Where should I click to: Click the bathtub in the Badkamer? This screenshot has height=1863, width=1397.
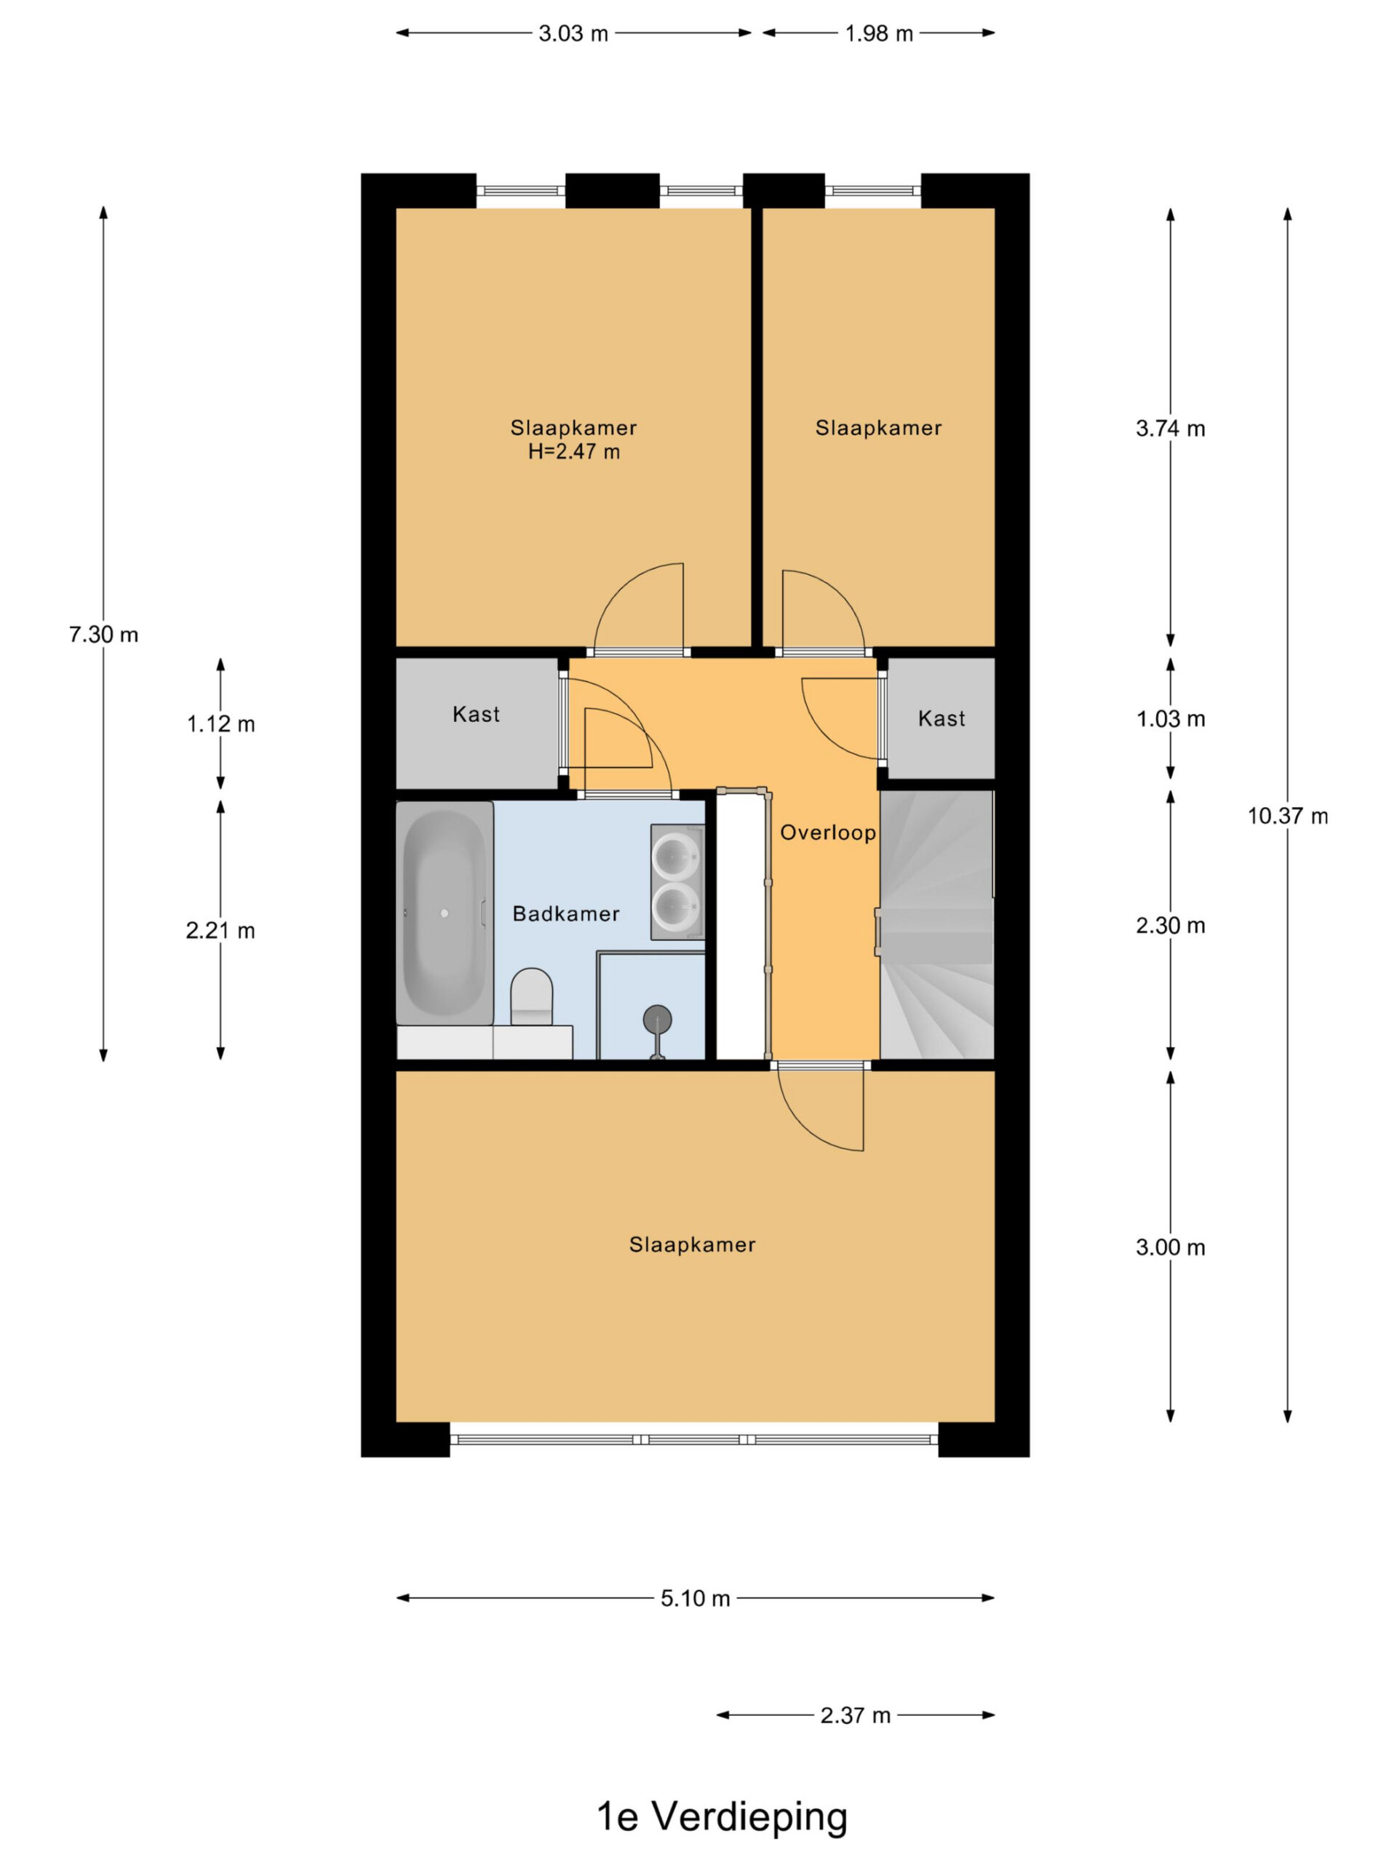(x=445, y=912)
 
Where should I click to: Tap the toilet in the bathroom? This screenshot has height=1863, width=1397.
(x=531, y=996)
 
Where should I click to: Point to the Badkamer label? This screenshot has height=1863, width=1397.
(x=566, y=914)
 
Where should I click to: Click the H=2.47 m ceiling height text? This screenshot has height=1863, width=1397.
(x=573, y=452)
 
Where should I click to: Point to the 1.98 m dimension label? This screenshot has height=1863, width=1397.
(x=879, y=33)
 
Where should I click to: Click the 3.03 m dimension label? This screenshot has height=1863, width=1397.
(x=573, y=33)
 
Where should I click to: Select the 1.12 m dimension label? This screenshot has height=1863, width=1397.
(x=220, y=724)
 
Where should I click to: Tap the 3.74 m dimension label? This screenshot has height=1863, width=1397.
(x=1171, y=429)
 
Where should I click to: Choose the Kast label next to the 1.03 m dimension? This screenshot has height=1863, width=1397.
(x=942, y=718)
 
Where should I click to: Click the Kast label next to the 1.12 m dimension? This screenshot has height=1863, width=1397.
(x=476, y=714)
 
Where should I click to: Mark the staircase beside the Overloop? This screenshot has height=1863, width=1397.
(x=937, y=924)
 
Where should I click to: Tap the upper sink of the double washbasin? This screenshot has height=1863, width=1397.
(x=676, y=855)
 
